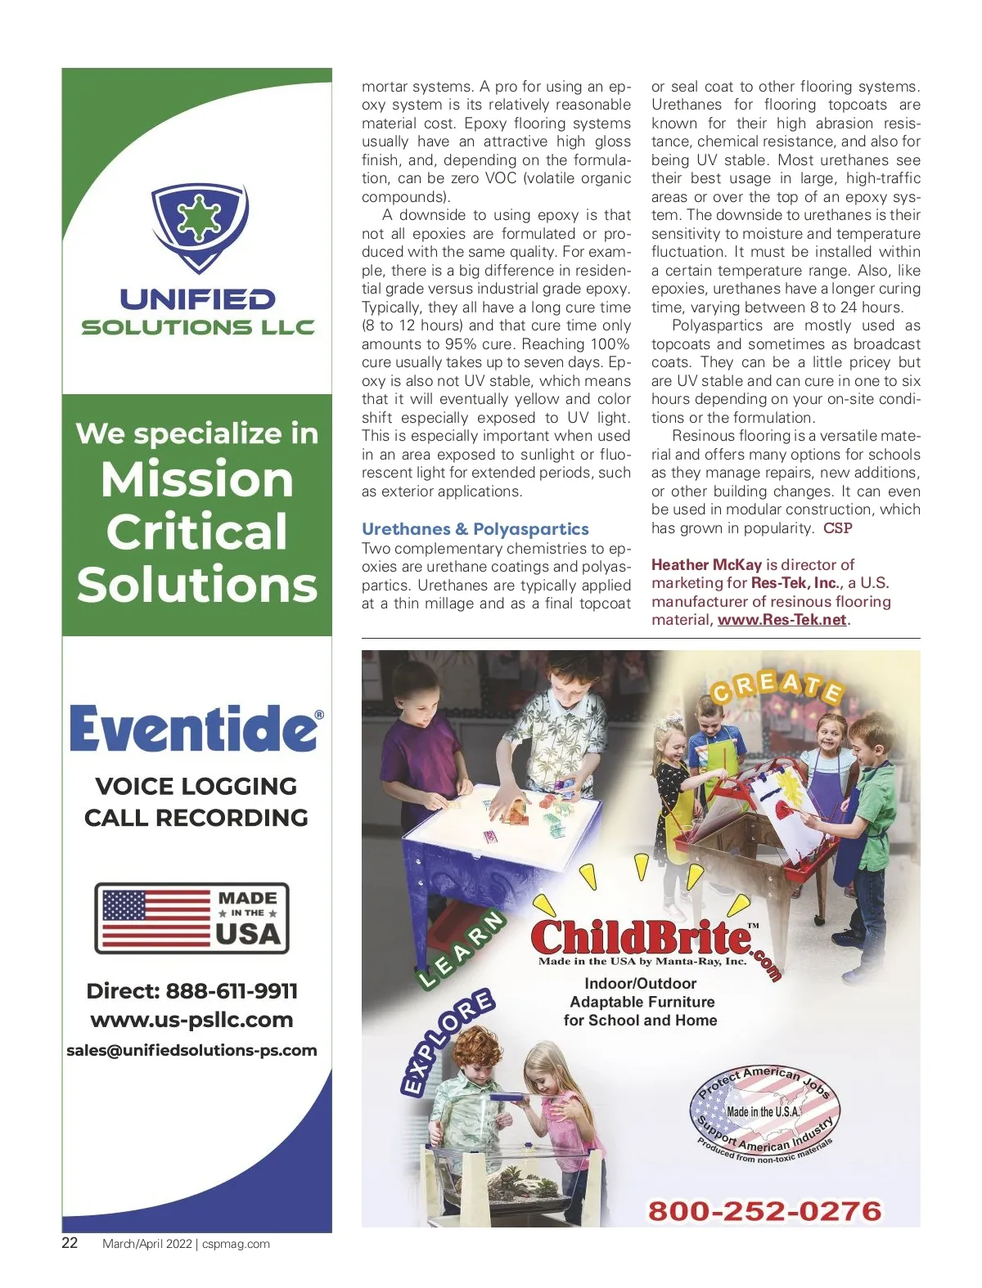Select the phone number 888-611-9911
(x=232, y=991)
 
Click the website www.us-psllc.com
(x=191, y=1020)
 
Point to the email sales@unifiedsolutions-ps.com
(x=191, y=1050)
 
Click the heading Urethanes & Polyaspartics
(x=475, y=529)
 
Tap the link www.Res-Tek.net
(x=782, y=620)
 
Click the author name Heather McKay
(x=705, y=564)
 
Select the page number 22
(x=70, y=1243)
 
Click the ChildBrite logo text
(x=642, y=937)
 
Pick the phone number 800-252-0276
(x=764, y=1211)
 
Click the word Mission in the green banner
(x=196, y=479)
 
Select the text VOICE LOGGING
(x=196, y=786)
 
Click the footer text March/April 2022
(x=146, y=1244)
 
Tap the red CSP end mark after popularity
(x=837, y=528)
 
